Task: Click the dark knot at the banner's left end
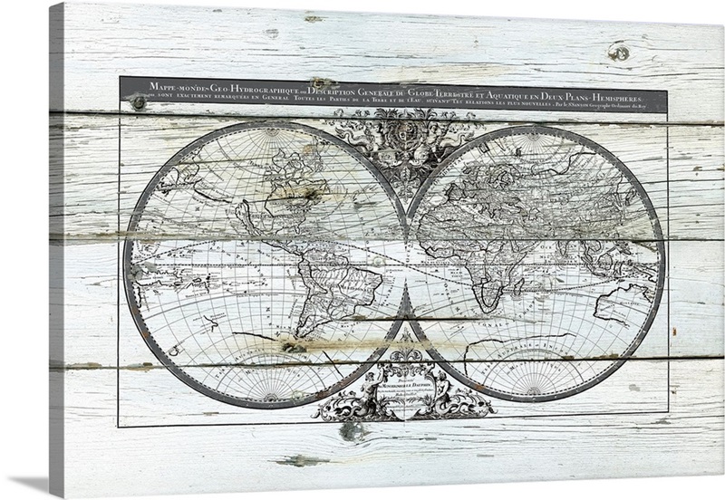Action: point(138,101)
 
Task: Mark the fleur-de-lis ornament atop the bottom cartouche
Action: point(404,348)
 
